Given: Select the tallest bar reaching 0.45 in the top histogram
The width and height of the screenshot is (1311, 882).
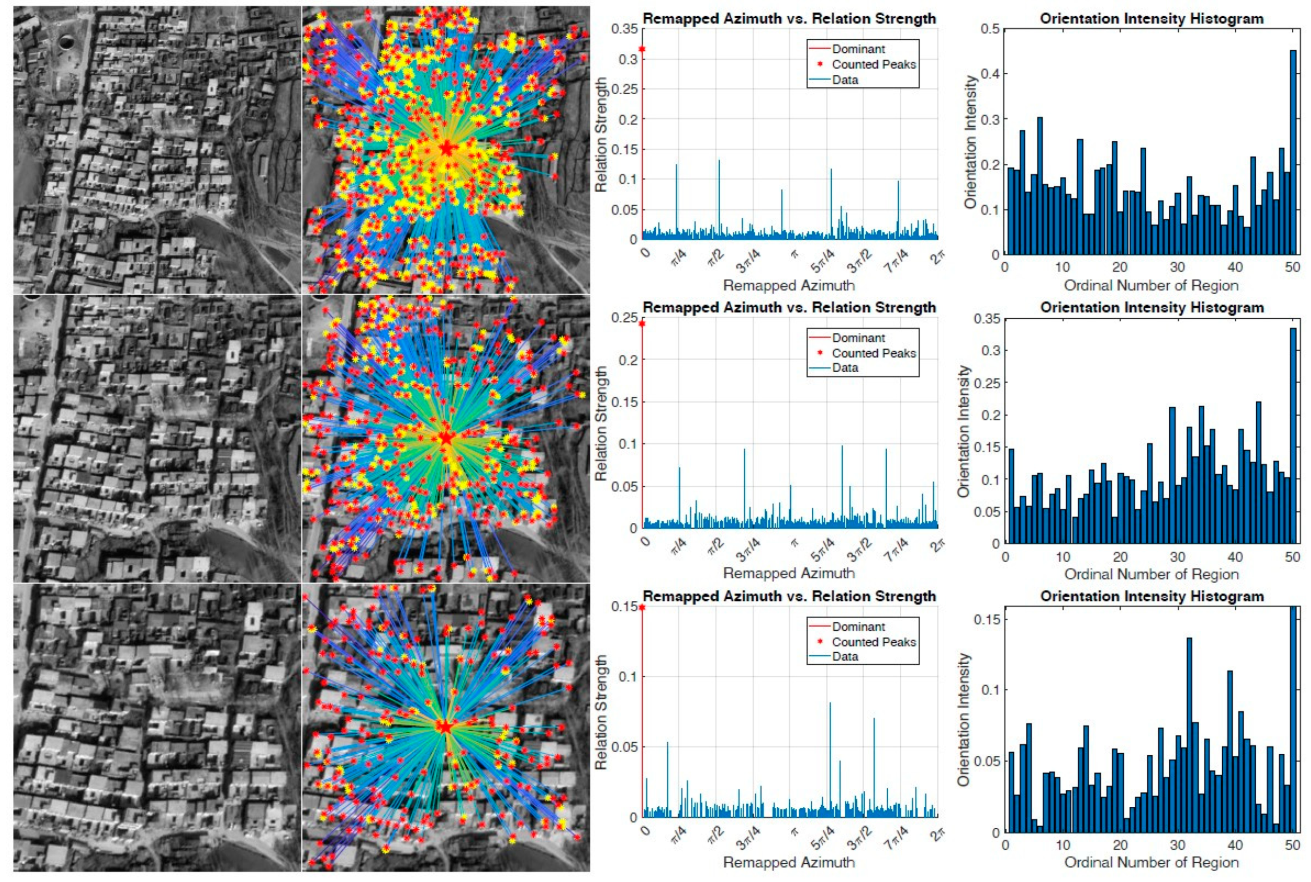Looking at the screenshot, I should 1292,152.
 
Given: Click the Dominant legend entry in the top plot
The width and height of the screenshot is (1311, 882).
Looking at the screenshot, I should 858,49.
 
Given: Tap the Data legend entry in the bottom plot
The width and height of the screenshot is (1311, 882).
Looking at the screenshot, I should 845,656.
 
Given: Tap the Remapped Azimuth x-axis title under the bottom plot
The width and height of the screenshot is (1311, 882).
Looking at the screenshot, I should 789,862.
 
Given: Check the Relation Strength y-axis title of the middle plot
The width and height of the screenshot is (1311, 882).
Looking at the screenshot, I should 601,423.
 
